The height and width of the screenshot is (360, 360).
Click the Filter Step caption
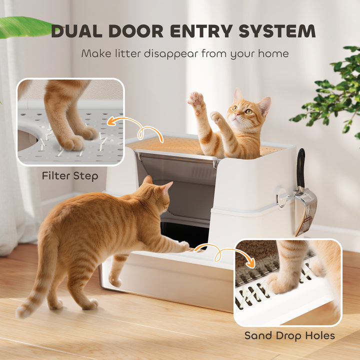point(70,175)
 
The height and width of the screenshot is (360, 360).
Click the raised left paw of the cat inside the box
point(196,99)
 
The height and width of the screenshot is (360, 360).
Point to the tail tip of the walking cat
point(22,312)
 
